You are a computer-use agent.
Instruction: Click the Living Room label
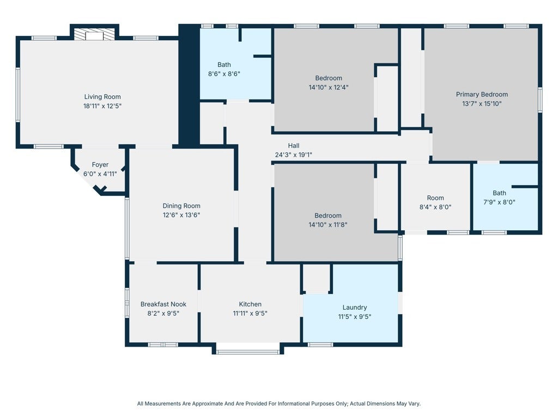[x=102, y=97]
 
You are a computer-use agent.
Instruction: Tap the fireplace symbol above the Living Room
[x=94, y=35]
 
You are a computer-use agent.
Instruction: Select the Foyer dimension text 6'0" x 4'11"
[x=100, y=174]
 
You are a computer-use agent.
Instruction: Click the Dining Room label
[x=181, y=206]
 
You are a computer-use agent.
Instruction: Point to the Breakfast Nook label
[x=163, y=304]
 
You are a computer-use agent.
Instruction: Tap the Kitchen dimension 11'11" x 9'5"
[x=250, y=313]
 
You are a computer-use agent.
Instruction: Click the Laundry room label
[x=354, y=308]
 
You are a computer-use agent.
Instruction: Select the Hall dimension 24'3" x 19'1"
[x=293, y=155]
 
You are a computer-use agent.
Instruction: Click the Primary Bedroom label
[x=482, y=94]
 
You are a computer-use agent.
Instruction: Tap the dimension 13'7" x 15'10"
[x=482, y=103]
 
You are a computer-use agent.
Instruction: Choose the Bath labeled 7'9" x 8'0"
[x=499, y=193]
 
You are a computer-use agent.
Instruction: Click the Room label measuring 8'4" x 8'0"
[x=435, y=198]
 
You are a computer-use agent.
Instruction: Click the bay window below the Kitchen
[x=248, y=352]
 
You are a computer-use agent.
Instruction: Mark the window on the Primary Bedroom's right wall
[x=540, y=100]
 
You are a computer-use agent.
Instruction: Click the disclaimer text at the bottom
[x=278, y=404]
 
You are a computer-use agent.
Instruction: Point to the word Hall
[x=294, y=146]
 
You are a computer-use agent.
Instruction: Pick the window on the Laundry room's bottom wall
[x=320, y=345]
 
